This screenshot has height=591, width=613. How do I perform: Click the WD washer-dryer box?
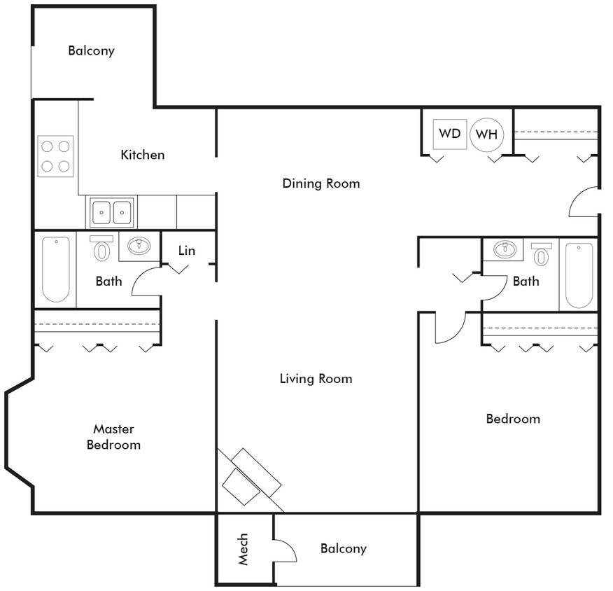click(449, 133)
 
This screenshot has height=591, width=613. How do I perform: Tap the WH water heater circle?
click(487, 134)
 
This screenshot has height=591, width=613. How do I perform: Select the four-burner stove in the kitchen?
click(55, 155)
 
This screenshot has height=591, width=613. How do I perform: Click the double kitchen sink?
click(112, 211)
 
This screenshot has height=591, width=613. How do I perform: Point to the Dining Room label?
click(321, 183)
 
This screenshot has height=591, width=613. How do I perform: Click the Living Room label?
click(316, 379)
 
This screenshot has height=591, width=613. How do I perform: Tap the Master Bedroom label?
click(113, 437)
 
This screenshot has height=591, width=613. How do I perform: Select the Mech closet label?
click(244, 550)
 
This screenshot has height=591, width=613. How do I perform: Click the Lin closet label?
click(186, 250)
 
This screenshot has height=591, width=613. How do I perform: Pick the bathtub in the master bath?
click(55, 270)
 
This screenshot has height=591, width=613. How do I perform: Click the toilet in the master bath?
click(102, 249)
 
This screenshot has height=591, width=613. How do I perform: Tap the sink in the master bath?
click(139, 246)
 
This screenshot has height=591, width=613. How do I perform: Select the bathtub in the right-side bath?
click(579, 275)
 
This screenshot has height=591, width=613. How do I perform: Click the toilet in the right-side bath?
click(541, 253)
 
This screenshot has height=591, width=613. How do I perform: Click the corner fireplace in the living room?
click(249, 480)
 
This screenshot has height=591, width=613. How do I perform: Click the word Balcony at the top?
click(91, 51)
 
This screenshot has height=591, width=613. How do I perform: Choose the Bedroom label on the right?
click(513, 419)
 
